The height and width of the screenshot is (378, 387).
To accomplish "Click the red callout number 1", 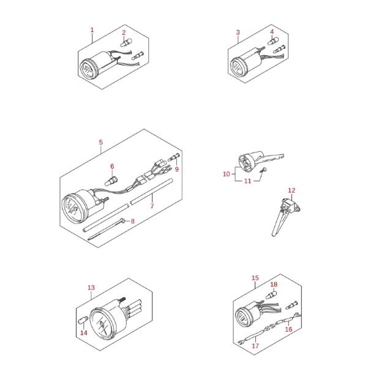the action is coord(92,30).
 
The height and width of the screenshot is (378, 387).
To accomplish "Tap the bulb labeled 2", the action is coord(126,43).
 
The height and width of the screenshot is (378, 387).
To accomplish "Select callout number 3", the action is coord(238,32).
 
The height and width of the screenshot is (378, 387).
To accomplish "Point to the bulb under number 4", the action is coord(273,41).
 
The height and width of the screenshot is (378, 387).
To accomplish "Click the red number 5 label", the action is coord(100,142).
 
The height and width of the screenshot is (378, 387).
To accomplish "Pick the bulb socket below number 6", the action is coord(111,181).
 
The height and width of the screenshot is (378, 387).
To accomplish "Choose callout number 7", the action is coord(152,206).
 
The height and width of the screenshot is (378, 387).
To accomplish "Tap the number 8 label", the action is coord(132,221).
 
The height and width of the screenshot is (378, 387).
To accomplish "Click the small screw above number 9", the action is coord(174,157).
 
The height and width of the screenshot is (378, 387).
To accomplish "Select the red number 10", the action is coord(227,174).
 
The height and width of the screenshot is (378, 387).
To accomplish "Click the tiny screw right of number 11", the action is coord(263,170).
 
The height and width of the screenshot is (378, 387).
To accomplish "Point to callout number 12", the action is coord(291,191).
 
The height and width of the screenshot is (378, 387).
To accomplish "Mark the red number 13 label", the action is coord(91,288).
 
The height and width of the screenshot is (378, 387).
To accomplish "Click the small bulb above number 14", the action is coord(83,320).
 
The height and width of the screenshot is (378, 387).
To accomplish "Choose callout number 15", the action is coord(255,278).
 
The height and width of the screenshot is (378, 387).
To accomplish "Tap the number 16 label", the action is coord(288,329).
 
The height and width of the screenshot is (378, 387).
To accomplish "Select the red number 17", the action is coord(255,346).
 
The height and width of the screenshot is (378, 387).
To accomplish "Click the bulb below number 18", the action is coord(271,295).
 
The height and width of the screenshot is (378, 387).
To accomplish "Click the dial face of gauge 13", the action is coord(101,324).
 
